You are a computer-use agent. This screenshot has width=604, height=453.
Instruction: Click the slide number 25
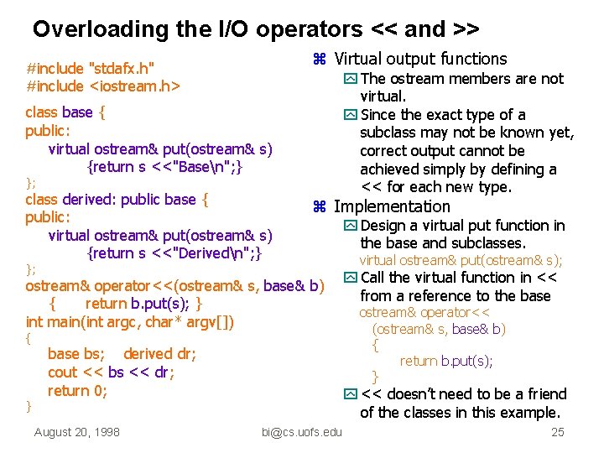click(558, 433)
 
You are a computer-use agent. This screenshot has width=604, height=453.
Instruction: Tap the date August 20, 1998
click(76, 433)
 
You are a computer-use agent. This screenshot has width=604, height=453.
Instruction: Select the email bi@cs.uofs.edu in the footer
click(302, 433)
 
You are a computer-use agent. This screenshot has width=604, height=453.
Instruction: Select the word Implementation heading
click(392, 206)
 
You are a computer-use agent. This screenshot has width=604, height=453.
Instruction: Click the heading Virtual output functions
click(420, 59)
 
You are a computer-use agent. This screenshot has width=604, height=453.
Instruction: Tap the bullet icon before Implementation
click(319, 207)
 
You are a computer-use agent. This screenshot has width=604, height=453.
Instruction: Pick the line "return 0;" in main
click(77, 390)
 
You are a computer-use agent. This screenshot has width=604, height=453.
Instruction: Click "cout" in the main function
click(62, 372)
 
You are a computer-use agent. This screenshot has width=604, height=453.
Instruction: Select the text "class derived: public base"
click(111, 200)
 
